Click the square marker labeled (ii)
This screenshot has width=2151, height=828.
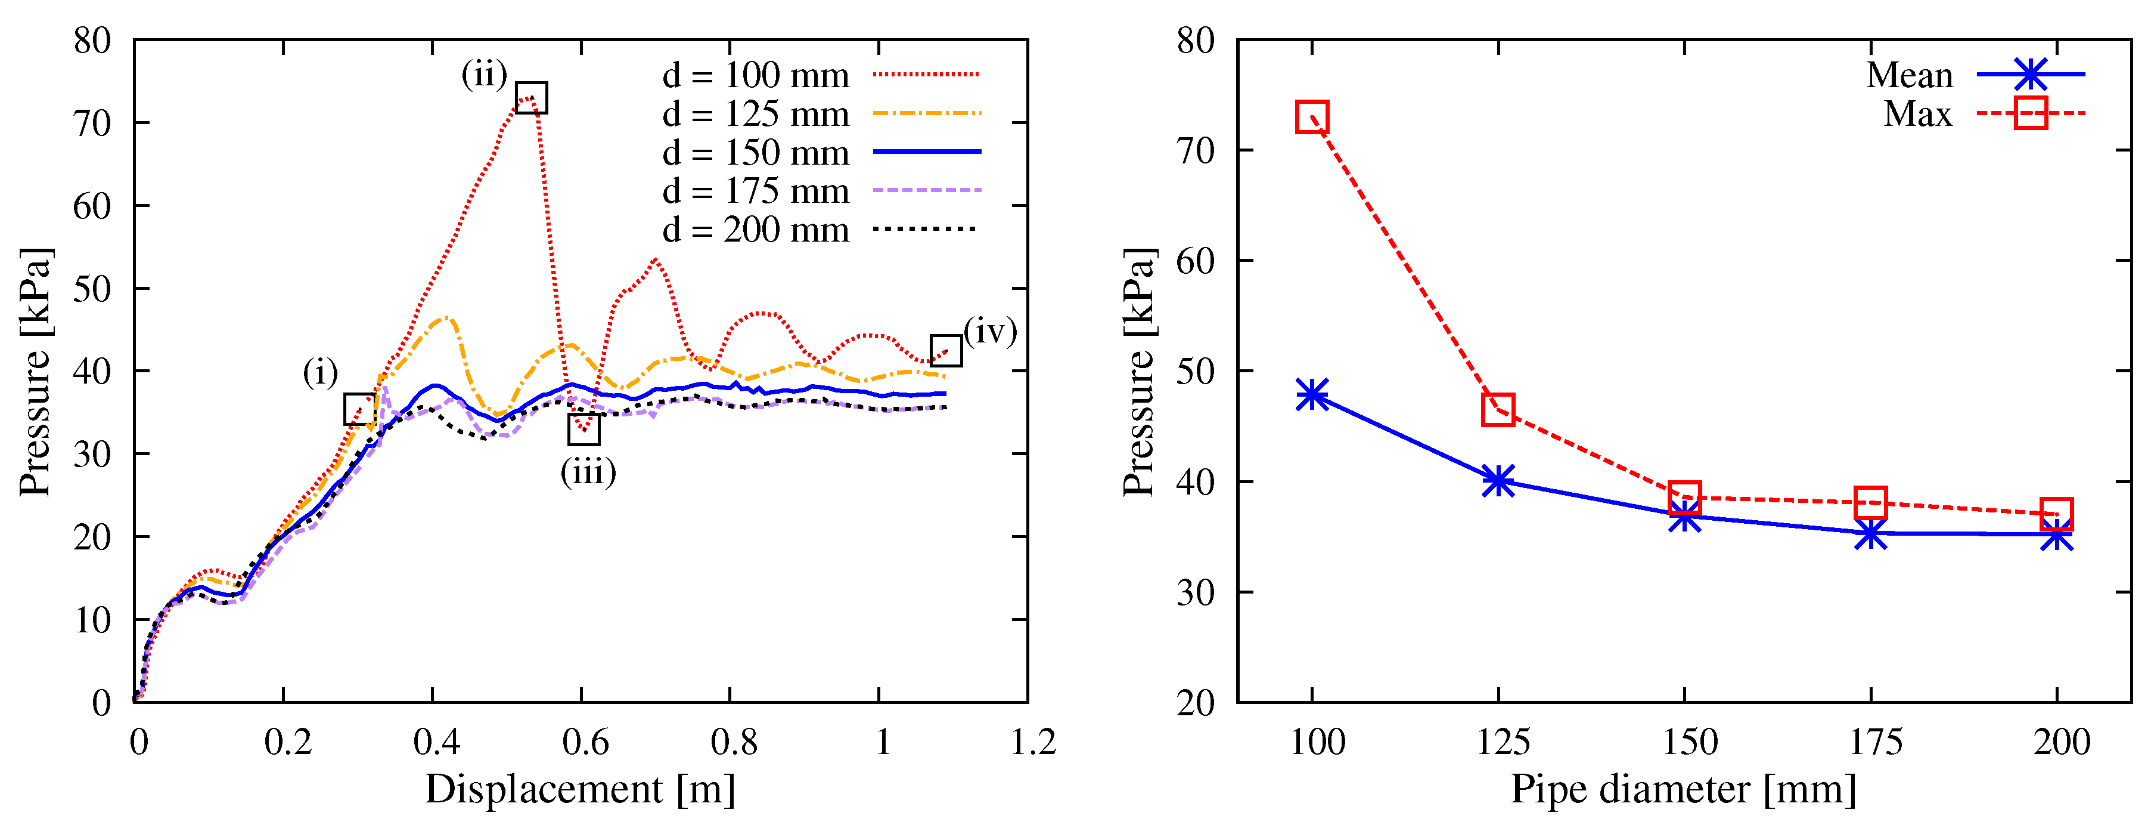pyautogui.click(x=531, y=98)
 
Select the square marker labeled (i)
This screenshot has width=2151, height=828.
pyautogui.click(x=360, y=409)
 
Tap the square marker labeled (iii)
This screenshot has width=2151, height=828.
pyautogui.click(x=583, y=429)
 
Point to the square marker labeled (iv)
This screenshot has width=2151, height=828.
pyautogui.click(x=946, y=350)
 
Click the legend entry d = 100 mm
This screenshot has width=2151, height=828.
pyautogui.click(x=756, y=75)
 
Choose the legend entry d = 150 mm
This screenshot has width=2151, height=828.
pyautogui.click(x=756, y=153)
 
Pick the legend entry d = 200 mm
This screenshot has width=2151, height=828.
pyautogui.click(x=756, y=230)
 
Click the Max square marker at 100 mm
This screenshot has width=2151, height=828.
pyautogui.click(x=1312, y=117)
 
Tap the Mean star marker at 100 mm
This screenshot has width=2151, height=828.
pyautogui.click(x=1312, y=394)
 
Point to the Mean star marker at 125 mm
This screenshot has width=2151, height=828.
pyautogui.click(x=1498, y=481)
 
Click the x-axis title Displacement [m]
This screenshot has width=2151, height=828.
pyautogui.click(x=581, y=789)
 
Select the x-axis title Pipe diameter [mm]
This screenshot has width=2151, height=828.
pyautogui.click(x=1683, y=789)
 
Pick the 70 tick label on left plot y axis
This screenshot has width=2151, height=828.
pyautogui.click(x=92, y=123)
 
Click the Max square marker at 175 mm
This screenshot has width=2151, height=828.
pyautogui.click(x=1870, y=503)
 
